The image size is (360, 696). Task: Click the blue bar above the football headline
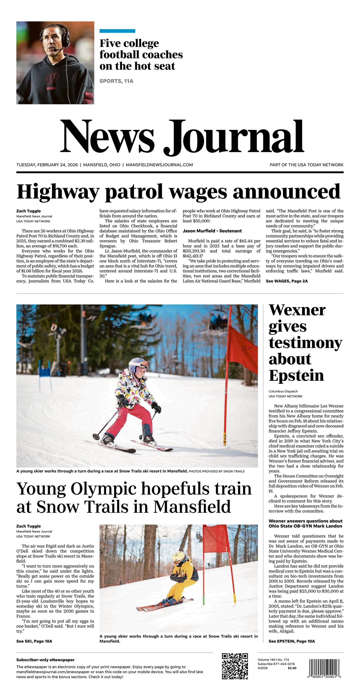117,31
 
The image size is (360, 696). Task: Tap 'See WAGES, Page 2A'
286,281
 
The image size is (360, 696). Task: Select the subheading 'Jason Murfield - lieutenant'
212,231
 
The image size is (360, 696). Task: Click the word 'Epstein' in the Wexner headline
296,375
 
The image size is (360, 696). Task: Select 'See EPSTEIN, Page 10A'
291,641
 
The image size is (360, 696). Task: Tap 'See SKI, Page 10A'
34,641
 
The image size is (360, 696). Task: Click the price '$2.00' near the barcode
292,668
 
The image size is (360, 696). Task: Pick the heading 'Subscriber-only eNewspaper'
45,660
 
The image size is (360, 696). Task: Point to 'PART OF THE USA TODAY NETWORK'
307,165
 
